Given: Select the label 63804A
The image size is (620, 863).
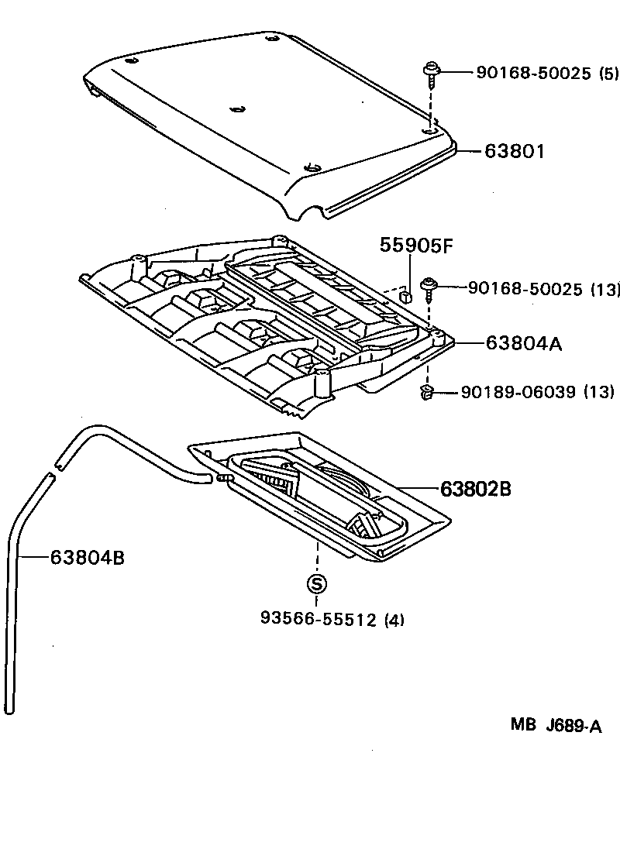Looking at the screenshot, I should [x=523, y=343].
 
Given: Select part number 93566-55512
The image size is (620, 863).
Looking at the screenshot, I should [x=319, y=619].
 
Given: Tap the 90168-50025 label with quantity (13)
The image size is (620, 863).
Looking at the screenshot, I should [x=525, y=289].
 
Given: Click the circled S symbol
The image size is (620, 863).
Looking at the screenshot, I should [x=317, y=583].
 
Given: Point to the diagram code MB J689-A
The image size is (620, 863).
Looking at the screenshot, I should [x=555, y=726].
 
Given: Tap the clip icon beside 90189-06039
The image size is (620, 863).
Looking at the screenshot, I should [x=426, y=394].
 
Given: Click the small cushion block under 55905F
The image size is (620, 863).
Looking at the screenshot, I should [x=404, y=294].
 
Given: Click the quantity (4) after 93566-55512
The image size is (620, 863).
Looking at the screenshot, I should [x=394, y=619].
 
